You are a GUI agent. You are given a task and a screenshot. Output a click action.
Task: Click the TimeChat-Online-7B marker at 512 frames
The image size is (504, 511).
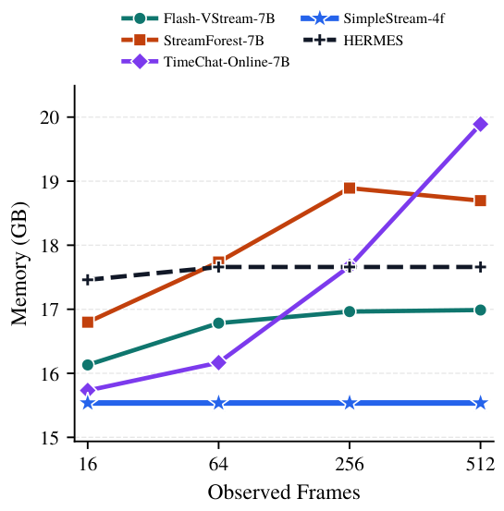tap(480, 124)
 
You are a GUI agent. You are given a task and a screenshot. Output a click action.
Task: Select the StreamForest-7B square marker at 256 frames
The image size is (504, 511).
tap(350, 188)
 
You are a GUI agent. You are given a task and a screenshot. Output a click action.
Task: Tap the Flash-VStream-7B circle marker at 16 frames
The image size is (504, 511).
tap(88, 365)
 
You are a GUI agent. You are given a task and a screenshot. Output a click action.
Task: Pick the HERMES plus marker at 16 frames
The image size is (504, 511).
tap(88, 279)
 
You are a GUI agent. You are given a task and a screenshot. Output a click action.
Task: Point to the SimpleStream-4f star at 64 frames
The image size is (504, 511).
tap(218, 403)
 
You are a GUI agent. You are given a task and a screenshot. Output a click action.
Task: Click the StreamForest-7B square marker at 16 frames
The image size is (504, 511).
tap(88, 322)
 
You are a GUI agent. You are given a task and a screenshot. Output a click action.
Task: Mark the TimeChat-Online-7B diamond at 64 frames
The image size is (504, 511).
tap(218, 363)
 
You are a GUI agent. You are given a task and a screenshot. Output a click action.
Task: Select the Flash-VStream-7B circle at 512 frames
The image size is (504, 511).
tap(480, 310)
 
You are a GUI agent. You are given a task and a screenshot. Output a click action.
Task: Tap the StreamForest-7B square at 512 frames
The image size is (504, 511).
tap(480, 201)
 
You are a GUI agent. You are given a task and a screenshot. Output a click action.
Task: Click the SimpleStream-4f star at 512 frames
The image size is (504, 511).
tap(480, 403)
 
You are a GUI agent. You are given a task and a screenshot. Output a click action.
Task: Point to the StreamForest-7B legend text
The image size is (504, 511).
tap(214, 41)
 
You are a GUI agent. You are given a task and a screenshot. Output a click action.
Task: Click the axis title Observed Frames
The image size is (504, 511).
tap(284, 492)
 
